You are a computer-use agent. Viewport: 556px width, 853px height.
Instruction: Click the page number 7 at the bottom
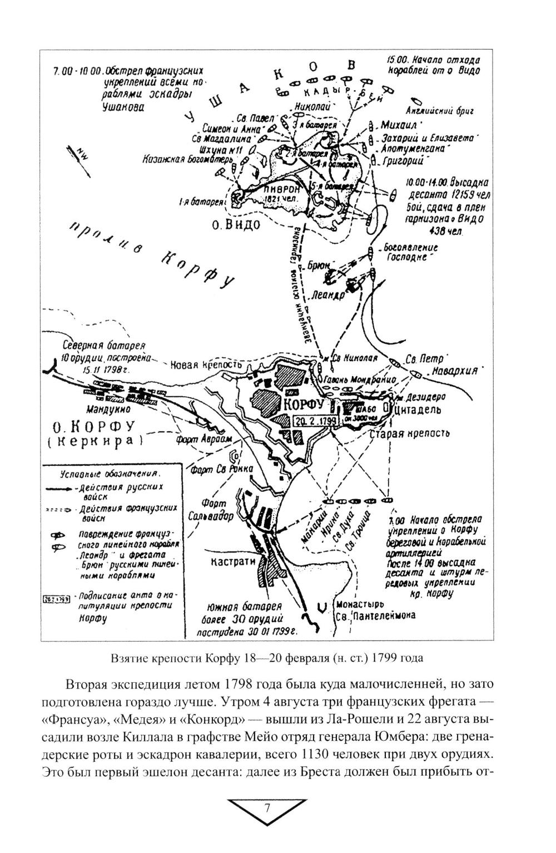(x=267, y=807)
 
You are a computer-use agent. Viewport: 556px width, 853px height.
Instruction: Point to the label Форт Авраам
(x=196, y=438)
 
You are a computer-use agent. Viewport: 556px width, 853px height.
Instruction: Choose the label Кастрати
(x=233, y=562)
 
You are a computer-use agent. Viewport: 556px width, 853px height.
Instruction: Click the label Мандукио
(x=108, y=409)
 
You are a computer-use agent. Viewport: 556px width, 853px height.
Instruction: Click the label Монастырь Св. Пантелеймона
(x=375, y=610)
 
